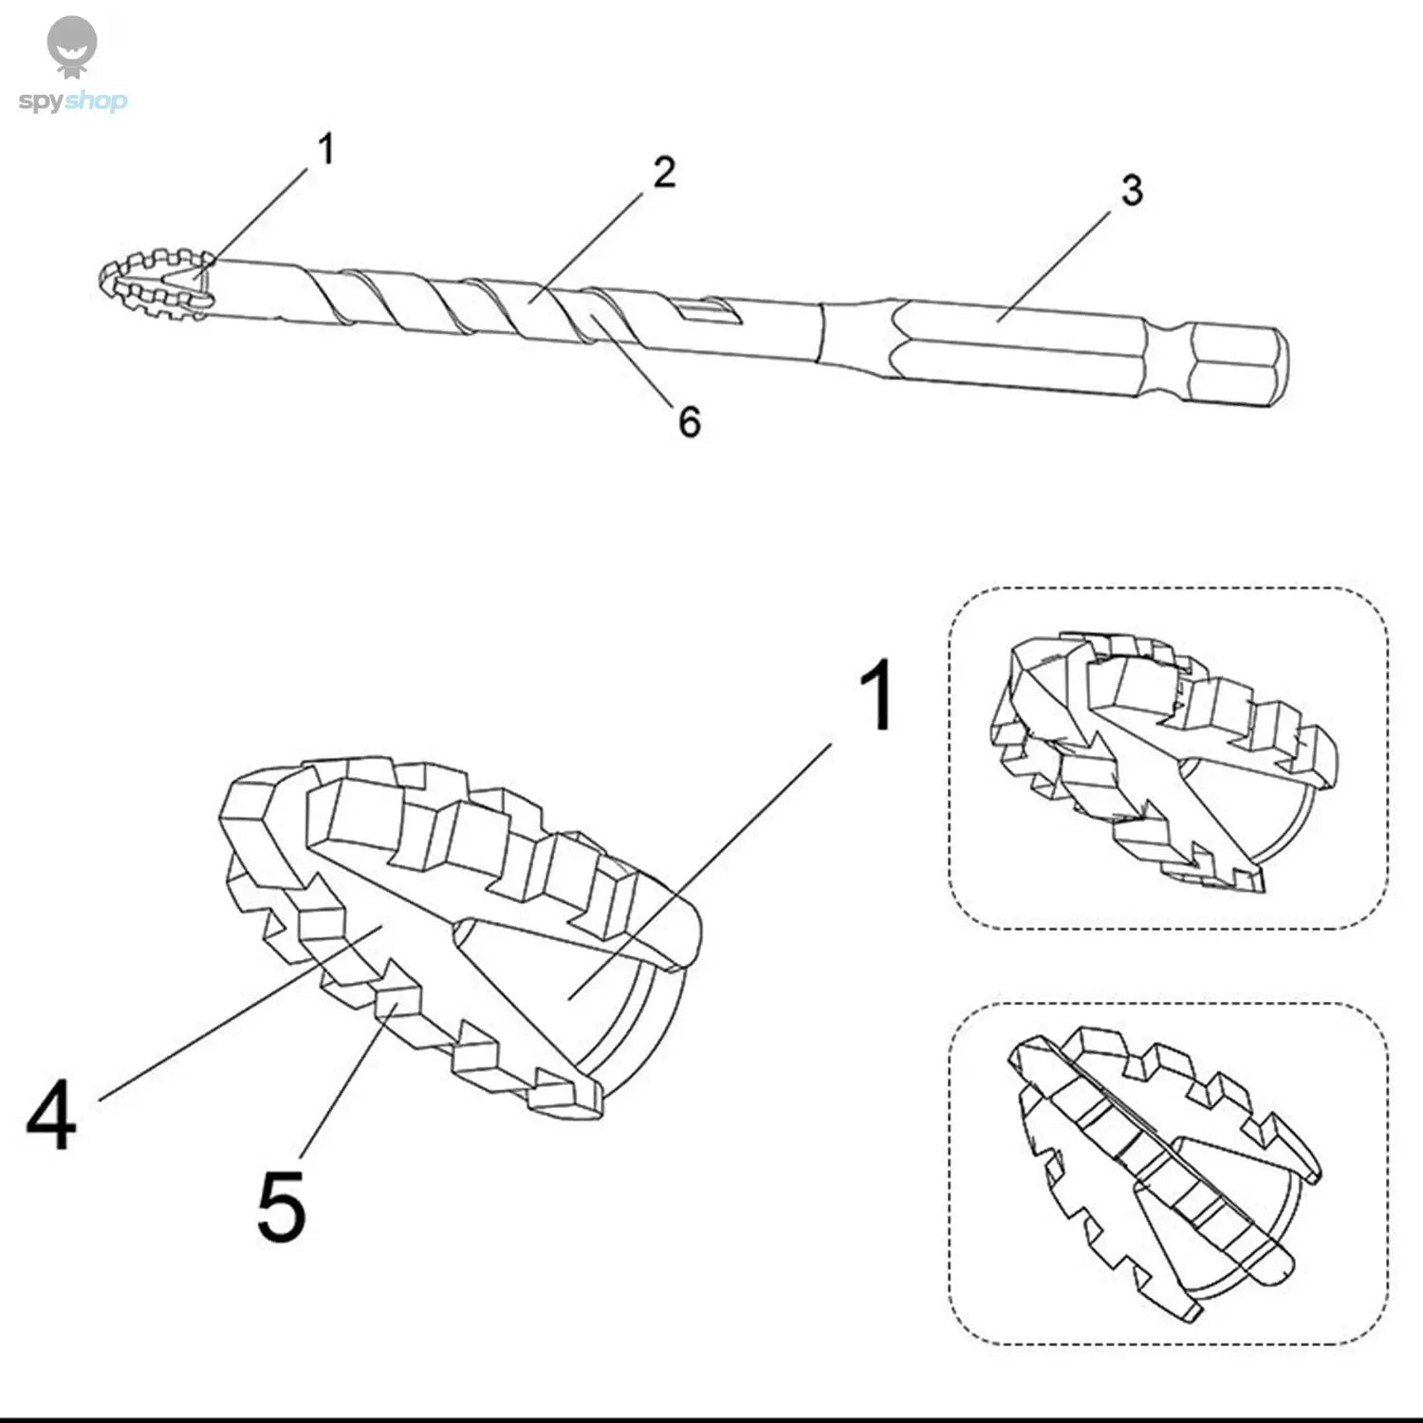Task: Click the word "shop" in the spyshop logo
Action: pyautogui.click(x=98, y=102)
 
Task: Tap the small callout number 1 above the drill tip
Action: pyautogui.click(x=325, y=149)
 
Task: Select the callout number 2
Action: pyautogui.click(x=664, y=173)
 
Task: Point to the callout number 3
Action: pyautogui.click(x=1131, y=191)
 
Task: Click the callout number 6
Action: pyautogui.click(x=690, y=421)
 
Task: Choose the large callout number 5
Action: pyautogui.click(x=282, y=1207)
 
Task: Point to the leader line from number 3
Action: pyautogui.click(x=1053, y=266)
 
